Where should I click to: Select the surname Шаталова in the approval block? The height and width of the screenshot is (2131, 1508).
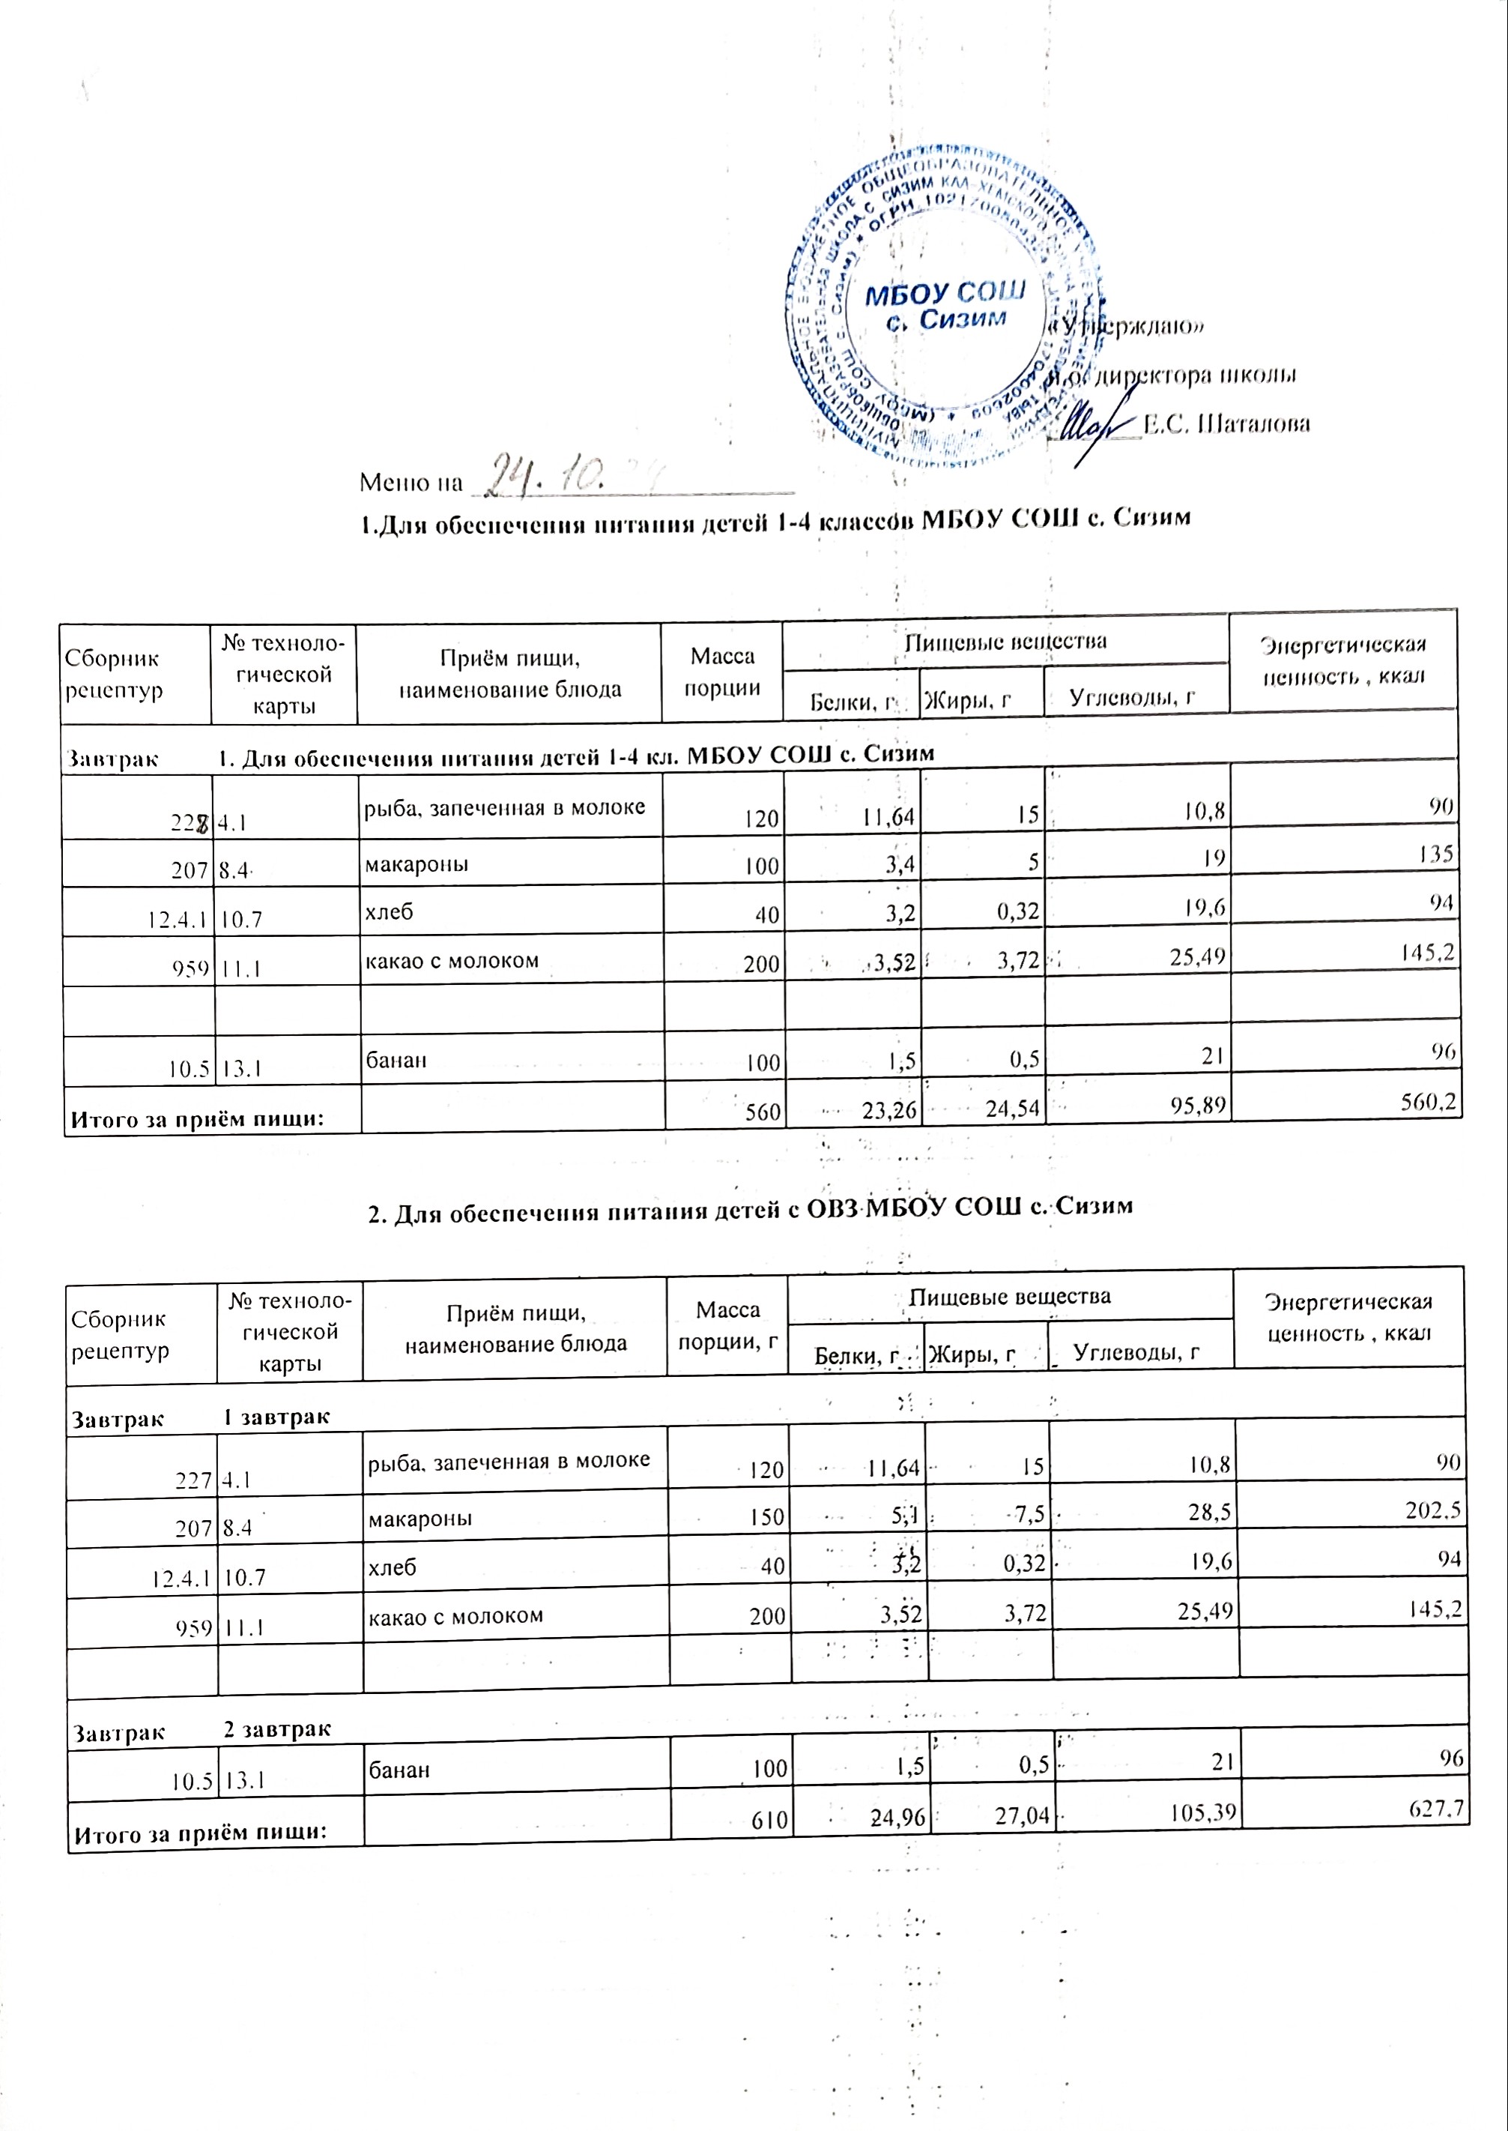(1226, 424)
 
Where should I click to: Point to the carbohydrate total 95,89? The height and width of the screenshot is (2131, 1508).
(1197, 1106)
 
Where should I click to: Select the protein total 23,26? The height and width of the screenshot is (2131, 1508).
(889, 1107)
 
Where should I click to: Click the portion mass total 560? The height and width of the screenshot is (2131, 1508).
(763, 1110)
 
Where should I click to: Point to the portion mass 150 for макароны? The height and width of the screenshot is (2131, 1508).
(767, 1517)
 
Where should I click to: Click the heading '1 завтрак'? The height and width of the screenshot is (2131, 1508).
(276, 1417)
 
